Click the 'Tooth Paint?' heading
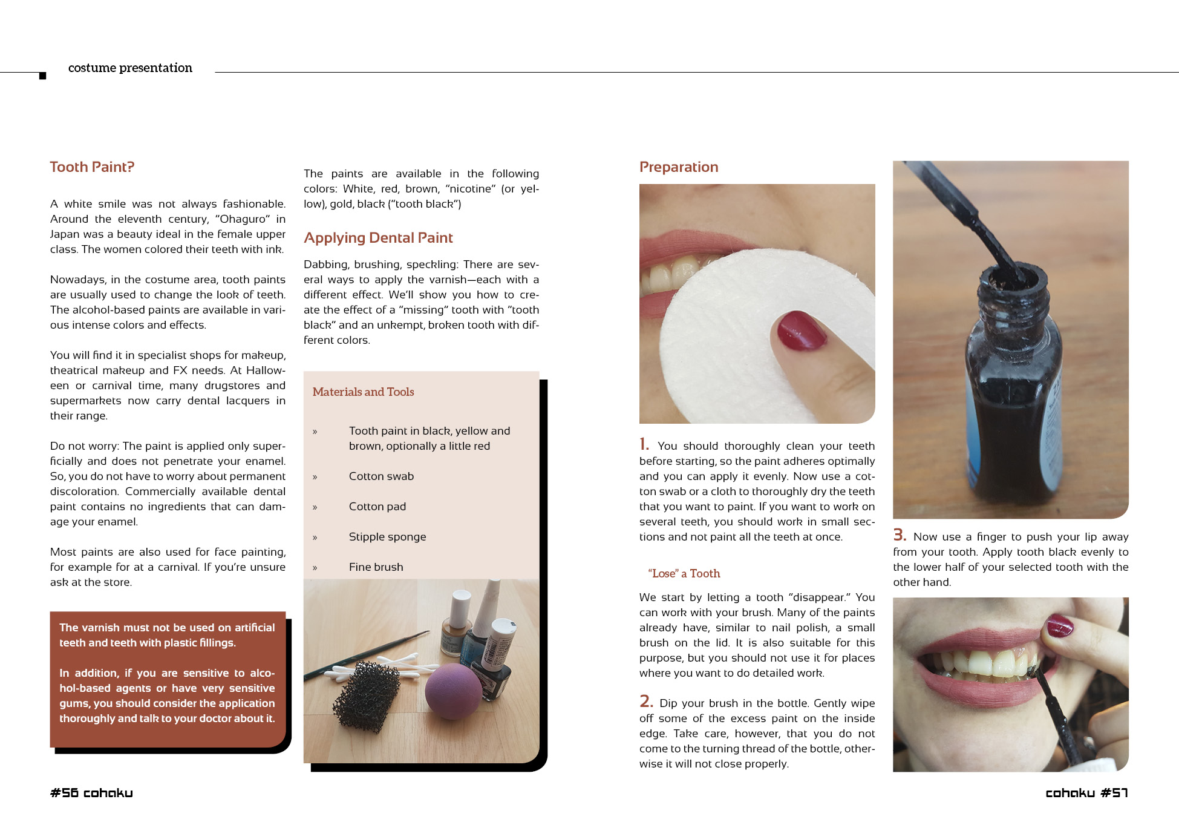(x=92, y=167)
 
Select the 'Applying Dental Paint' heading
(x=378, y=238)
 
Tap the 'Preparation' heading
(x=679, y=167)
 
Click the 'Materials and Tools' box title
(x=363, y=392)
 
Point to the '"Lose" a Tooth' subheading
(x=684, y=573)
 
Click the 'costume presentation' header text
(x=130, y=68)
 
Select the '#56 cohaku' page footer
(x=91, y=793)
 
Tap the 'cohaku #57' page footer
(x=1086, y=793)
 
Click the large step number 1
(x=644, y=444)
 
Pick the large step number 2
(x=646, y=701)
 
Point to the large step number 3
(x=900, y=534)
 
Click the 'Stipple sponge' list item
(x=387, y=537)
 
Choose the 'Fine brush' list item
(x=376, y=567)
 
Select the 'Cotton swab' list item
(x=381, y=476)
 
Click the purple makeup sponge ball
(x=454, y=691)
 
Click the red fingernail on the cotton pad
(x=802, y=330)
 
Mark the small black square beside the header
(x=42, y=76)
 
